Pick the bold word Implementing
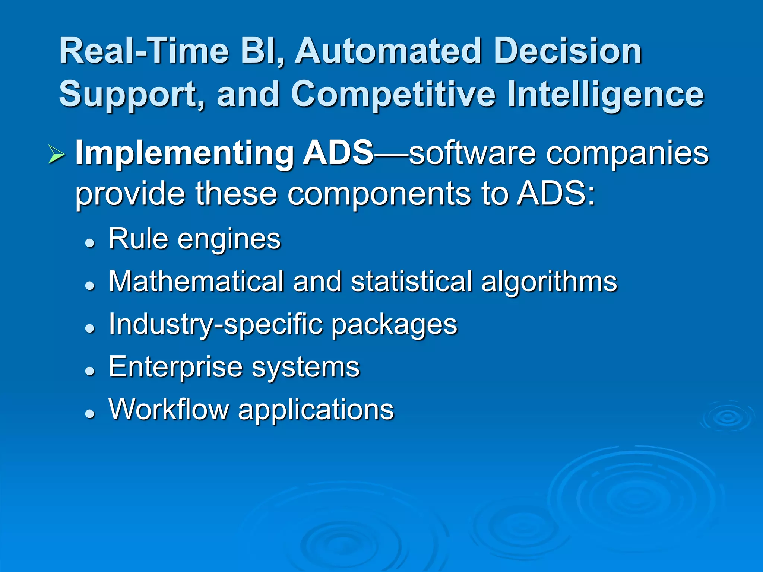[184, 153]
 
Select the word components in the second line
[379, 194]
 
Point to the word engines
[229, 239]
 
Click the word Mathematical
[196, 281]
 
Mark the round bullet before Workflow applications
[89, 413]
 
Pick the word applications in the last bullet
[316, 410]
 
